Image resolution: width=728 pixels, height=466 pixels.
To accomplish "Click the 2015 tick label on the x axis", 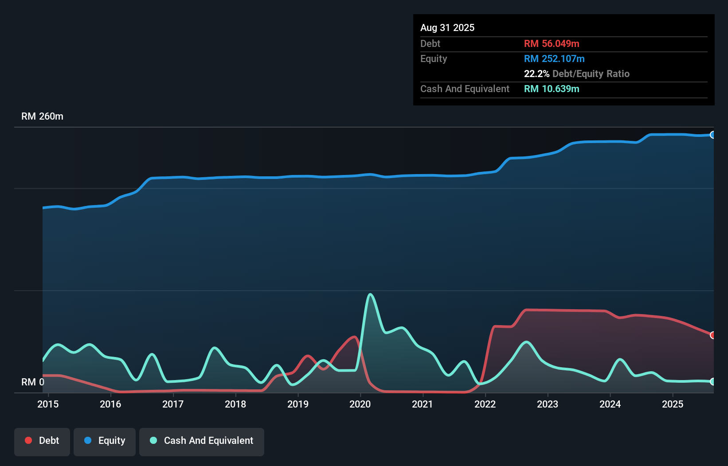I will (x=48, y=404).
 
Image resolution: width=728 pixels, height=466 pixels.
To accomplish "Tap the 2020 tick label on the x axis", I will (x=360, y=404).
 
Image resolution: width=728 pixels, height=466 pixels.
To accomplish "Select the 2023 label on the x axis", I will (x=548, y=404).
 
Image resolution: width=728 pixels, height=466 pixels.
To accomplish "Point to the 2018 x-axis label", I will (x=235, y=404).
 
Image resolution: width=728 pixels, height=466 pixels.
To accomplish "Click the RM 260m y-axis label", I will (x=42, y=116).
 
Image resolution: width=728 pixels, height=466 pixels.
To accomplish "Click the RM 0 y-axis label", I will (x=33, y=382).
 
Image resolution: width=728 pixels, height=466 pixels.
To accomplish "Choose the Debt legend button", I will (x=42, y=441).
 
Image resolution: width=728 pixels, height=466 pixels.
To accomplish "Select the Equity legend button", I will (x=105, y=441).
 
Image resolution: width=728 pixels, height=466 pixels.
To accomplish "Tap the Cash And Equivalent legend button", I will (x=202, y=441).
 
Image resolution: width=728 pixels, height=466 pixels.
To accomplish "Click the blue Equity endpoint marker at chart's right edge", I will (x=712, y=135).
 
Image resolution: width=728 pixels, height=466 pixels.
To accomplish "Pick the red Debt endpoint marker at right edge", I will (x=712, y=335).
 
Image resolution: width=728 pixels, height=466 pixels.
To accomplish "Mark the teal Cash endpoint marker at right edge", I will (x=712, y=381).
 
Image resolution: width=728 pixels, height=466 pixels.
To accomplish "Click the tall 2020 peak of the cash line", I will (x=370, y=294).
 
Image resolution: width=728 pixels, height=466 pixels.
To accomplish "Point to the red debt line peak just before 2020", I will (x=354, y=337).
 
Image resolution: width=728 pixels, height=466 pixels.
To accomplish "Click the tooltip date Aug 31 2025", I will (x=447, y=28).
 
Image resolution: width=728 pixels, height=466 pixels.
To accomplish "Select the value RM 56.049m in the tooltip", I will (x=552, y=44).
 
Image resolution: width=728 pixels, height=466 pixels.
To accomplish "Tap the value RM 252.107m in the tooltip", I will (x=554, y=59).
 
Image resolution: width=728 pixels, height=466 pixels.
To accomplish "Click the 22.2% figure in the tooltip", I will (x=536, y=74).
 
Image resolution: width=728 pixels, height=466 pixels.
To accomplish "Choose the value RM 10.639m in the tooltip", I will (x=552, y=89).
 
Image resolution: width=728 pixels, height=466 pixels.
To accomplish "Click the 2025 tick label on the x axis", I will (x=673, y=404).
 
